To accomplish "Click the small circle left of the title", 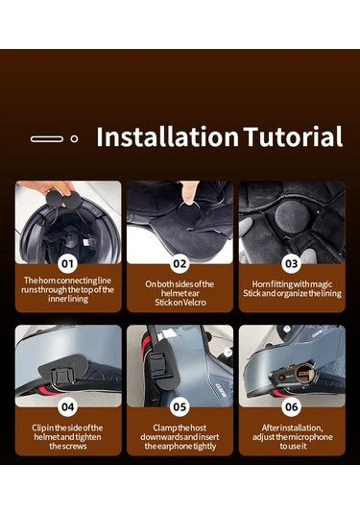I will pos(73,138).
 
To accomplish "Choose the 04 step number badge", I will pos(68,406).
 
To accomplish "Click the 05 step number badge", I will pos(180,406).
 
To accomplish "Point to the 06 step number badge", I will pos(291,406).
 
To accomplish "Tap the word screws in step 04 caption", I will pos(68,446).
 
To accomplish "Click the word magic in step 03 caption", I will pos(320,284).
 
